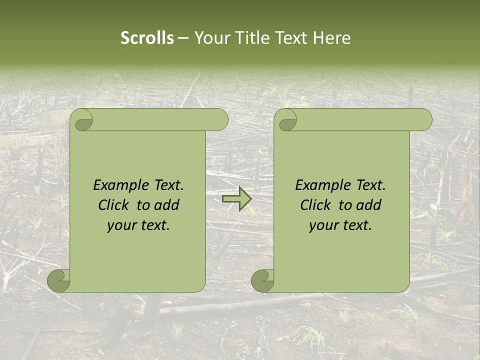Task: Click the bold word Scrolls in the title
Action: (147, 38)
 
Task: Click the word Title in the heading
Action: (250, 38)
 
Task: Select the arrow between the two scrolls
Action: (236, 199)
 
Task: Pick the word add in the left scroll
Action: (167, 205)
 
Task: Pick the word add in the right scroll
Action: (369, 205)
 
